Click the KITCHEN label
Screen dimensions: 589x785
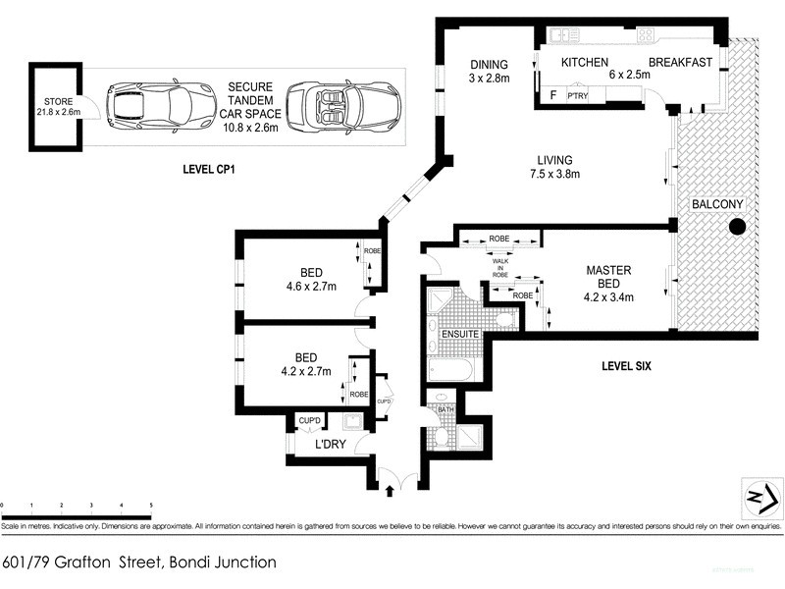click(x=586, y=62)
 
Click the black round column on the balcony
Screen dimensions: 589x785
click(x=737, y=229)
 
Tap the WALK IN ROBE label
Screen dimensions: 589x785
click(x=499, y=266)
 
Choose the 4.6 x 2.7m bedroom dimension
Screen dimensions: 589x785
click(x=303, y=288)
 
